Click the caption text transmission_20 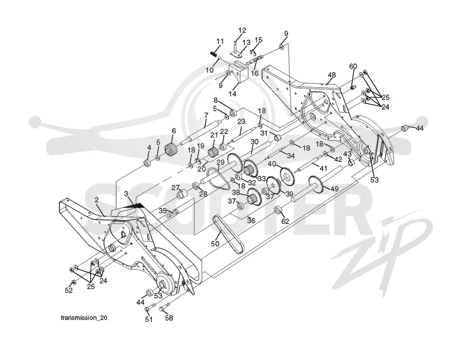pyautogui.click(x=84, y=318)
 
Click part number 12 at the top pyautogui.click(x=242, y=30)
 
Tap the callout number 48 pyautogui.click(x=331, y=75)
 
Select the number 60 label pyautogui.click(x=353, y=66)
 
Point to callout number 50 pyautogui.click(x=215, y=243)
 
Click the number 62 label pyautogui.click(x=285, y=221)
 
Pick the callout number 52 pyautogui.click(x=69, y=291)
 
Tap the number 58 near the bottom pyautogui.click(x=169, y=318)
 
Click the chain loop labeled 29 pyautogui.click(x=218, y=179)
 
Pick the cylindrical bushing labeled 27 pyautogui.click(x=182, y=195)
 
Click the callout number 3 pyautogui.click(x=126, y=194)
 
